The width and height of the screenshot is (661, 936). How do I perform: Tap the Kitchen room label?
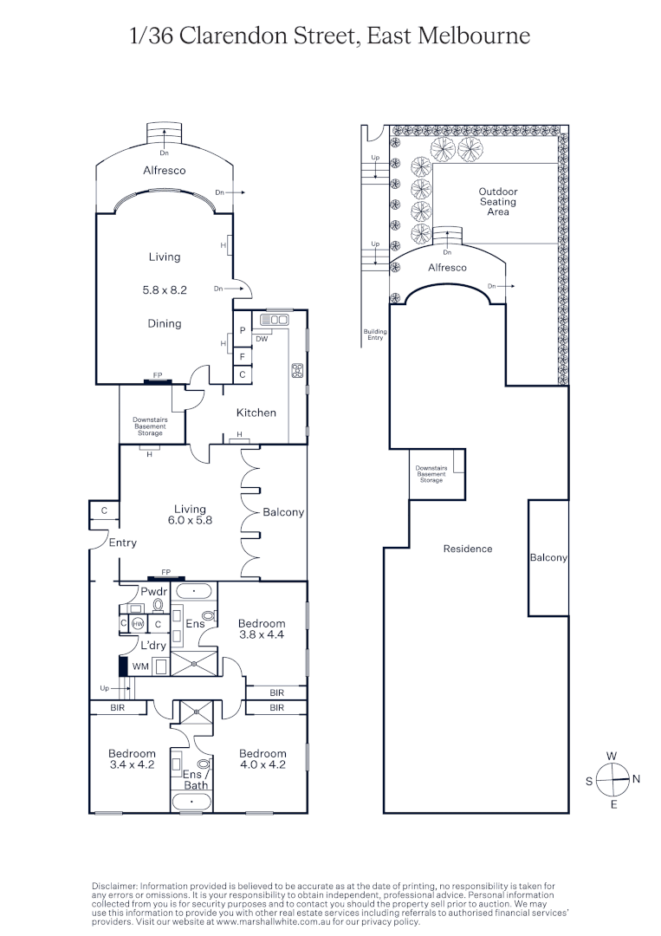click(256, 413)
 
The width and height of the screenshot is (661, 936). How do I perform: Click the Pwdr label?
click(141, 591)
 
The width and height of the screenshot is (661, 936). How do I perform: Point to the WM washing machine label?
click(139, 666)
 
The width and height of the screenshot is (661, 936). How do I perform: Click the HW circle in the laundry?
click(137, 624)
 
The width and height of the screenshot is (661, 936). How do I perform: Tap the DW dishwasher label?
click(261, 339)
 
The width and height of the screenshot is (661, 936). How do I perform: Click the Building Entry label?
click(375, 335)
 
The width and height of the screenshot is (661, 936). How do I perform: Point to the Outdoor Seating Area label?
click(497, 202)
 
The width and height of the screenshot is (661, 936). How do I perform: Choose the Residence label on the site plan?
click(467, 549)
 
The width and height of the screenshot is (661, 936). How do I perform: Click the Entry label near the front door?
click(122, 543)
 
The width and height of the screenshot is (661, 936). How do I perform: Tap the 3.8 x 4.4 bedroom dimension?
click(262, 635)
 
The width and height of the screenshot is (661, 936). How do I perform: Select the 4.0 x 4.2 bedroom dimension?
click(262, 765)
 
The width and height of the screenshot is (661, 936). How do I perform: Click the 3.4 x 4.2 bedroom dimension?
click(132, 765)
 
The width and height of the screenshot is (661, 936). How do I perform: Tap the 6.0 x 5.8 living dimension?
click(190, 521)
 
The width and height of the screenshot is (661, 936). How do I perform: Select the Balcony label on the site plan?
click(548, 558)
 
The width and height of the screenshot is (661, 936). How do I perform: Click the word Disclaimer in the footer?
click(114, 885)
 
